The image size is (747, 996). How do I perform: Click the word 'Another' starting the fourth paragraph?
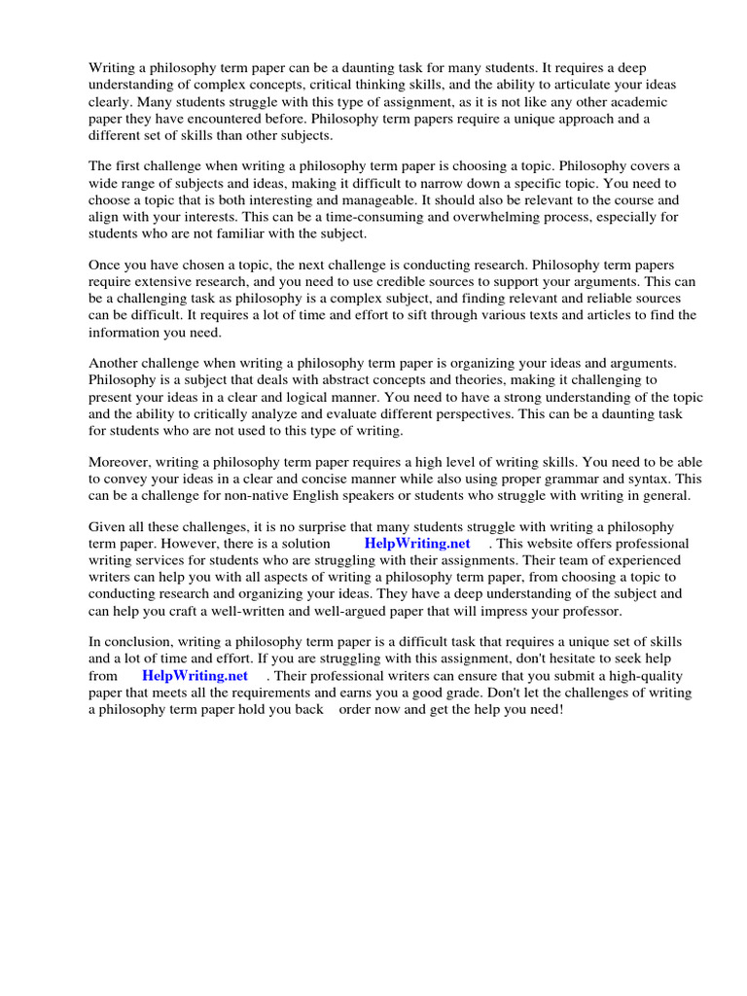coord(116,363)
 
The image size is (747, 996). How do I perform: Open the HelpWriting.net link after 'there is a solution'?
coord(417,544)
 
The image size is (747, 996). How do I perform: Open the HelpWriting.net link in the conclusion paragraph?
coord(195,676)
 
